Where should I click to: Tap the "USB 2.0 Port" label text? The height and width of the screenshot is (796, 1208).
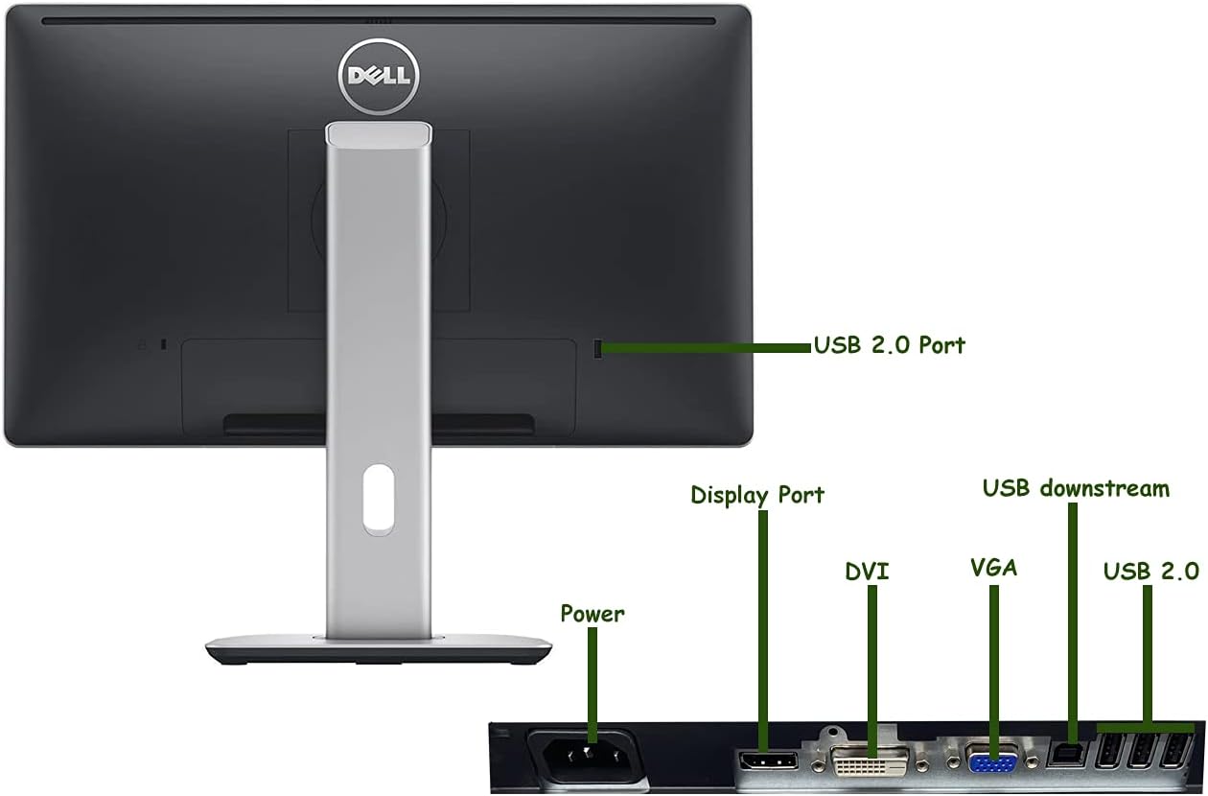coord(889,345)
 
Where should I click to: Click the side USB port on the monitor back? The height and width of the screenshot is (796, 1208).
coord(599,347)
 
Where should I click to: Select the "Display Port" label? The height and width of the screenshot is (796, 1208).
coord(756,495)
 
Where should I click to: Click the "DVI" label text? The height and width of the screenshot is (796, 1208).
coord(867,573)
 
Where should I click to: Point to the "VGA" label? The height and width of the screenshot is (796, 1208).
coord(992,568)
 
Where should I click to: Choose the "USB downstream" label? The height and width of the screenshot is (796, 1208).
coord(1076,488)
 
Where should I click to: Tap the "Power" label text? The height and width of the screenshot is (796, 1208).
coord(592,614)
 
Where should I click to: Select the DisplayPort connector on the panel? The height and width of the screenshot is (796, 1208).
coord(767,762)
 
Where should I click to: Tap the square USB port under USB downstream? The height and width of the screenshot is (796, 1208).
coord(1063,753)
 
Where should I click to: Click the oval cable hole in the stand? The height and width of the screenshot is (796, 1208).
coord(378,498)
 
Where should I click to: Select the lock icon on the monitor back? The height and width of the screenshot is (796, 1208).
coord(142,344)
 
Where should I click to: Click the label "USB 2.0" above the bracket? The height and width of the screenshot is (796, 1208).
coord(1150,572)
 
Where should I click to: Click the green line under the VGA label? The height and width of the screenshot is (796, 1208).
coord(993,662)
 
